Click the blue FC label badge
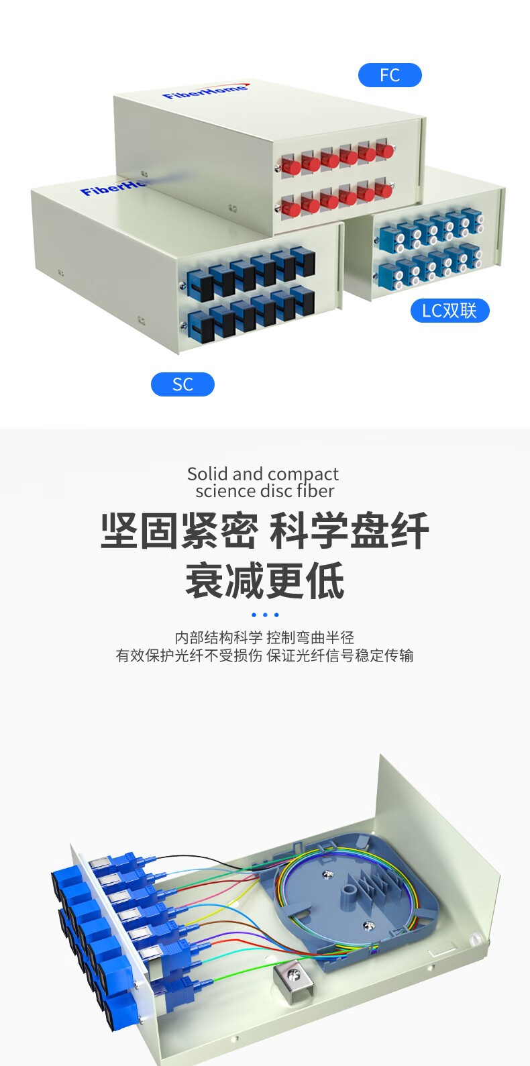pos(390,75)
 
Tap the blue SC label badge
pos(182,384)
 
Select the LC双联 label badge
pos(449,311)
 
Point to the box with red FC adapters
pos(268,154)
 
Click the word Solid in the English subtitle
pos(207,474)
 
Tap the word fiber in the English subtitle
pos(315,491)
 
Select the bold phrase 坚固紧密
pos(179,531)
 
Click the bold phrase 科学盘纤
pos(349,531)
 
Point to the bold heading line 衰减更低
pos(265,581)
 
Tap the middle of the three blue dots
pos(265,615)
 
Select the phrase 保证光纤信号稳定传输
pos(340,655)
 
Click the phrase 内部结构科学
pos(219,637)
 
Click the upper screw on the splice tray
pos(327,873)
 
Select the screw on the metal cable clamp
pos(293,973)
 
